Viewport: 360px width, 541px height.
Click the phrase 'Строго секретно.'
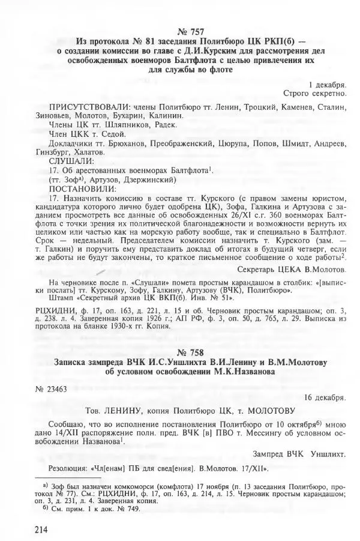(315, 94)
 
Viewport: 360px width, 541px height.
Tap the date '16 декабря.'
(325, 397)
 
